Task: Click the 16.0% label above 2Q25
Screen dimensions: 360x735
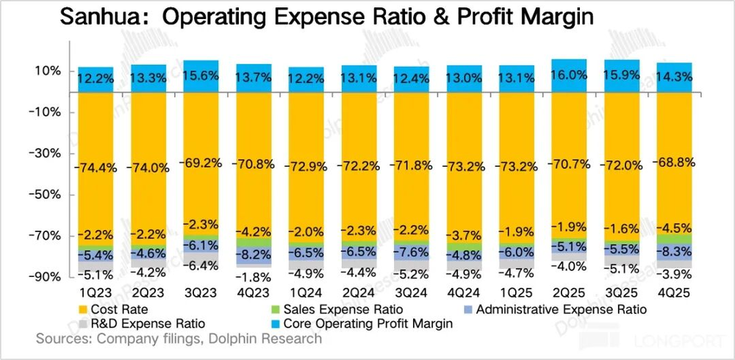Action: point(570,76)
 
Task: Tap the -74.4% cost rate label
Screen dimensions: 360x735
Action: point(96,168)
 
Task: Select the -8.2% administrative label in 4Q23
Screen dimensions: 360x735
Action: point(254,255)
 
